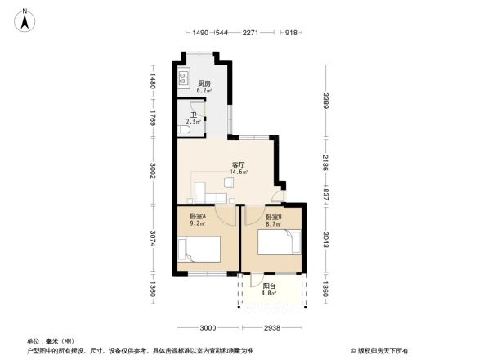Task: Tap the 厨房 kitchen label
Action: click(204, 83)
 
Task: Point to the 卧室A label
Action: click(198, 216)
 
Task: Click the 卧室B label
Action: click(274, 216)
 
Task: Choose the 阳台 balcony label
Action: click(269, 286)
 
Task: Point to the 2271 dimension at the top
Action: click(251, 33)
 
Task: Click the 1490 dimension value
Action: click(201, 33)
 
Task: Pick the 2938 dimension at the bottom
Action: click(271, 327)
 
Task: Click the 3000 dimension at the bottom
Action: click(208, 327)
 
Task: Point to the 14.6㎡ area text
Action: click(239, 172)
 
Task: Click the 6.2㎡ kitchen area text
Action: click(204, 90)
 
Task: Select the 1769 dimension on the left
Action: click(151, 121)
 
